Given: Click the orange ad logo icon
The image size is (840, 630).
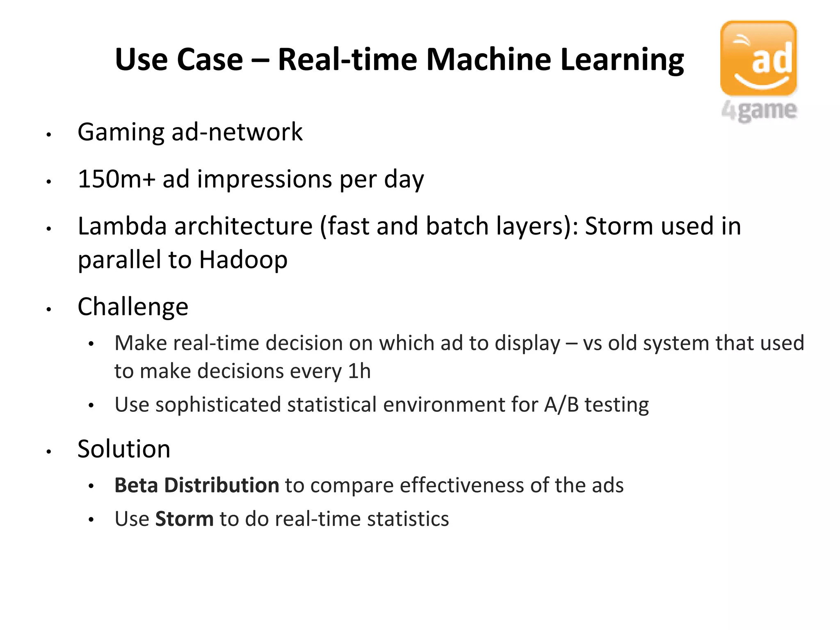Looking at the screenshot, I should [758, 58].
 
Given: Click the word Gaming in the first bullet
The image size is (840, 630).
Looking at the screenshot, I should [121, 132].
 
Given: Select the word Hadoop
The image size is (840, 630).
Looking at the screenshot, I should [243, 260].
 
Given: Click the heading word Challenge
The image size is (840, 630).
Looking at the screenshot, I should [133, 307].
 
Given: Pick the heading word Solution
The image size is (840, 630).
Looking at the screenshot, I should [124, 449].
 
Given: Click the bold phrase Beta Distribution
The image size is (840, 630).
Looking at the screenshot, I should [197, 485].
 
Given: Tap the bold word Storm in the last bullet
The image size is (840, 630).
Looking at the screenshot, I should [185, 519].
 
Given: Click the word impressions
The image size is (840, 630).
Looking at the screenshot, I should [265, 179].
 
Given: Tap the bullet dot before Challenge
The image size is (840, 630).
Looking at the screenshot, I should [48, 309].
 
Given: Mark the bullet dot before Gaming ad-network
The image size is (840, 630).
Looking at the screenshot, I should [48, 134].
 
